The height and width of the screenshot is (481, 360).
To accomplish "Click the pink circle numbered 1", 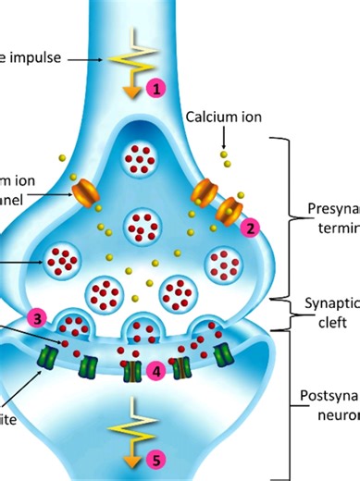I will pyautogui.click(x=156, y=89).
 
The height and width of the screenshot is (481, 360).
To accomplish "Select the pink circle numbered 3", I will pyautogui.click(x=37, y=317).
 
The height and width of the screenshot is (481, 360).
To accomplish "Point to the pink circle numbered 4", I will pyautogui.click(x=156, y=371).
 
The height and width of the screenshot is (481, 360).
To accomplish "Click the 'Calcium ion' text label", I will pyautogui.click(x=223, y=117).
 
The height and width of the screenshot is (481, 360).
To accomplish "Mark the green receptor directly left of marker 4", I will pyautogui.click(x=132, y=372).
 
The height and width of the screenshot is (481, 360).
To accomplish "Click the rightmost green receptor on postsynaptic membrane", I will pyautogui.click(x=221, y=354).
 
